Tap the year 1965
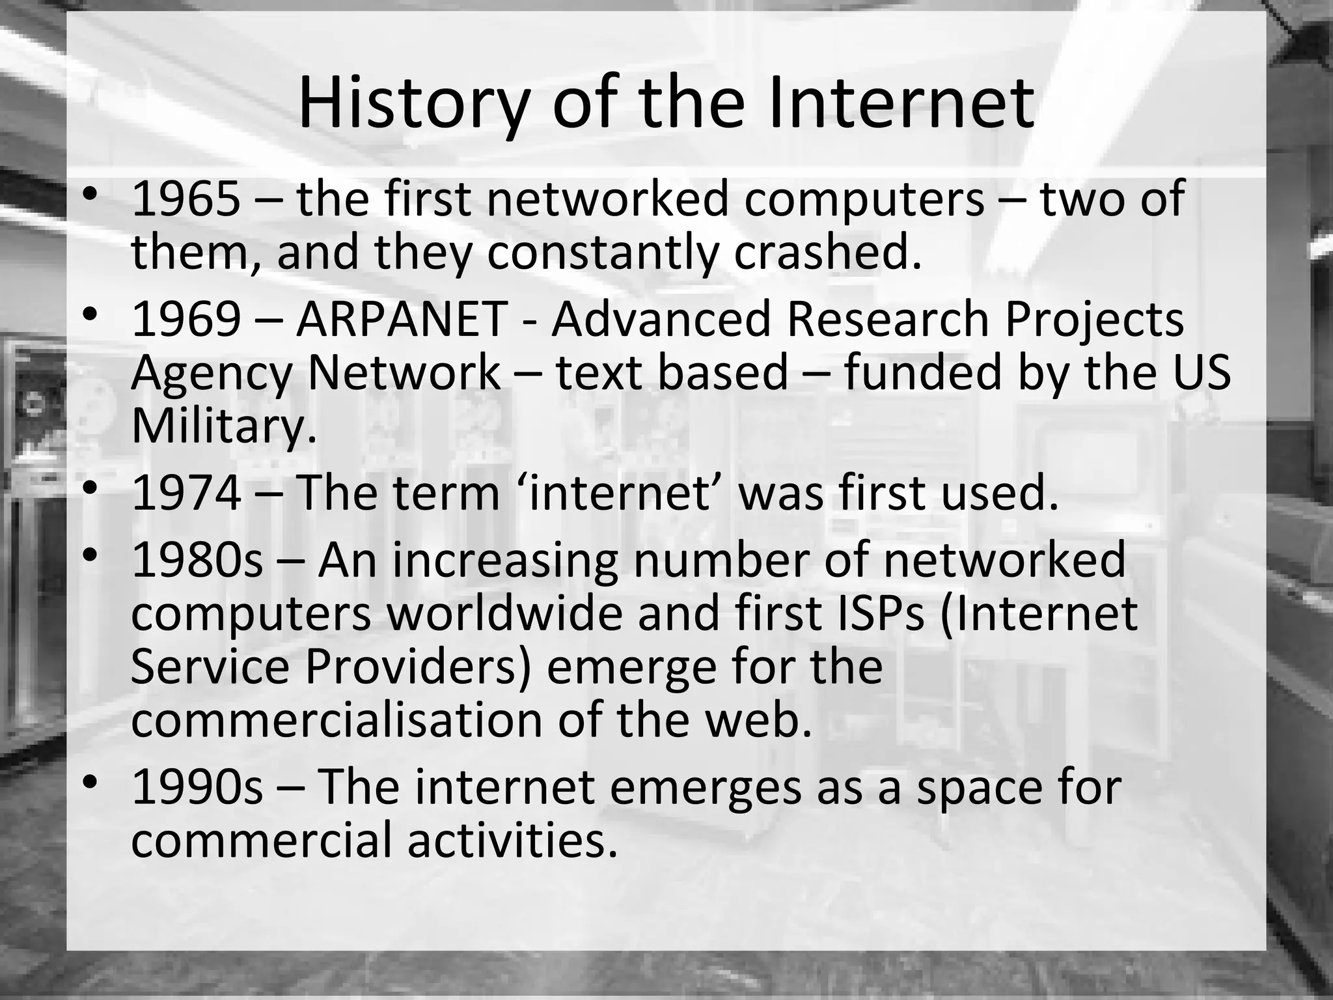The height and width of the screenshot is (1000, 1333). coord(186,200)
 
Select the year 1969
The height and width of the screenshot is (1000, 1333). coord(186,320)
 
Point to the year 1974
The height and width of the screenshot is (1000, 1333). coord(186,493)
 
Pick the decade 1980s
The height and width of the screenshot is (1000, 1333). coord(197,560)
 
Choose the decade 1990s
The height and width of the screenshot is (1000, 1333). coord(197,786)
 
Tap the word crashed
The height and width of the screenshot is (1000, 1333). coord(828,253)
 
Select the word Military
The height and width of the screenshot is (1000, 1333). coord(223,426)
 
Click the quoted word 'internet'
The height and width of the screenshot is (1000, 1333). coord(621,493)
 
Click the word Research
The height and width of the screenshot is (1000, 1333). coord(888,320)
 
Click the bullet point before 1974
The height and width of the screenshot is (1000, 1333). coord(90,488)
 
